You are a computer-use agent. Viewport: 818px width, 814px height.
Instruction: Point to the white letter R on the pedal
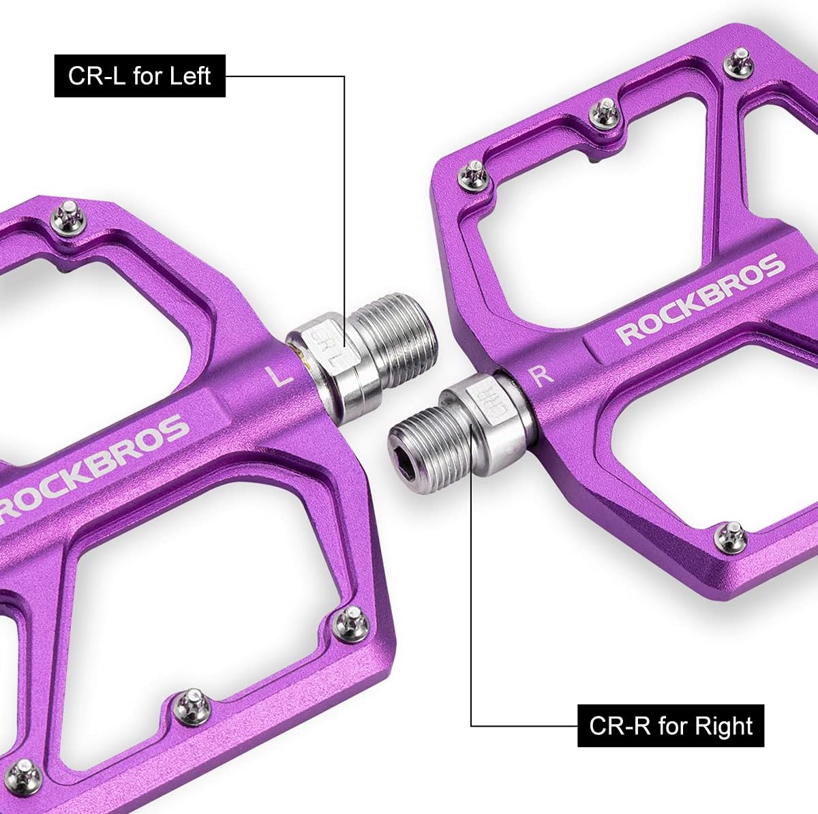(x=541, y=376)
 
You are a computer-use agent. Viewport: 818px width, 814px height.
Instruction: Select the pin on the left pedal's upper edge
(x=70, y=217)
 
